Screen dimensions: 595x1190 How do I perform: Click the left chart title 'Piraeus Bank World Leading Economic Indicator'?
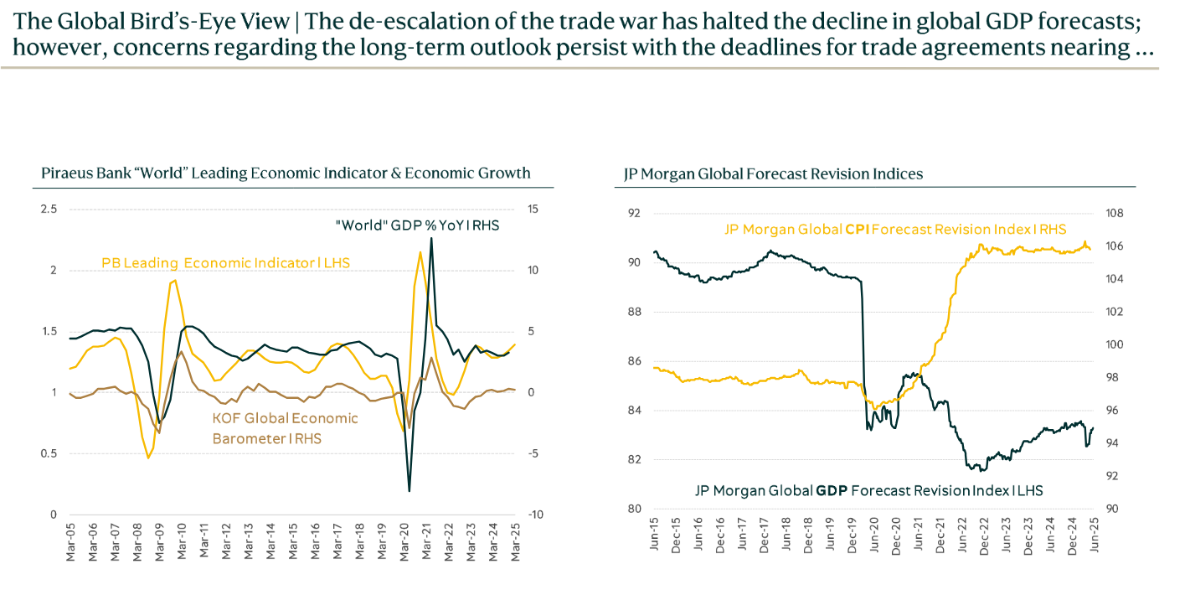[x=286, y=173]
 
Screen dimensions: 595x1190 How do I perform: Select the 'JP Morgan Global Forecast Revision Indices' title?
[x=773, y=174]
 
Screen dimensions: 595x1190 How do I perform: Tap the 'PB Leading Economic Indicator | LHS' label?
[x=225, y=263]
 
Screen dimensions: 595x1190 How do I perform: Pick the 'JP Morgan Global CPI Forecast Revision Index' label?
[x=894, y=230]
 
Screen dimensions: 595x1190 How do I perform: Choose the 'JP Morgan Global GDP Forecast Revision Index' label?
[x=868, y=490]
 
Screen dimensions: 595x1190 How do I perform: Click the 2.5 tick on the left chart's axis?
[x=49, y=209]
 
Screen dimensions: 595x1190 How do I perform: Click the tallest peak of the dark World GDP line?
[x=431, y=238]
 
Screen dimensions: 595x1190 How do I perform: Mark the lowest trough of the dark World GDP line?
[x=409, y=490]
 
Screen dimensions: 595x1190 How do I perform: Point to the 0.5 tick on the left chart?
[x=49, y=453]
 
